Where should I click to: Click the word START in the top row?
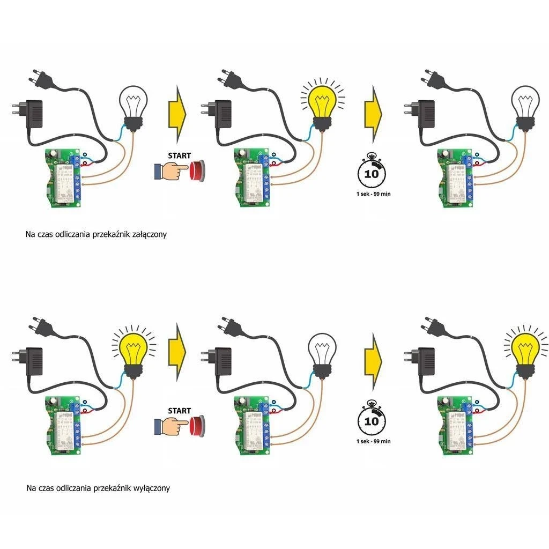pos(179,155)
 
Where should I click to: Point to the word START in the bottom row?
pos(179,411)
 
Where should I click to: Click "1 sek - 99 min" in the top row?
pos(373,194)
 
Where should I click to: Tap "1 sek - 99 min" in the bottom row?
pos(373,441)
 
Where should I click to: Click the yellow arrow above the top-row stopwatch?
pos(374,113)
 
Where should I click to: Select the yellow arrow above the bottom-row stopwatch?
pos(374,359)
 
